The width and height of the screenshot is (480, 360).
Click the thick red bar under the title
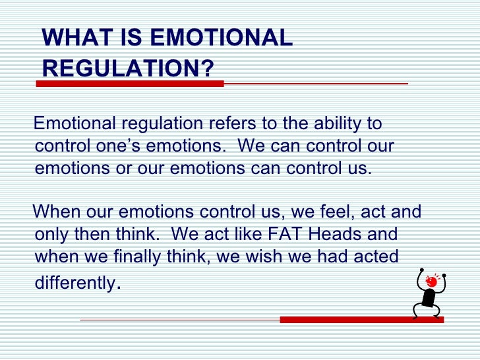(130, 84)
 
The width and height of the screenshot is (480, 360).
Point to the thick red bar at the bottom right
(361, 320)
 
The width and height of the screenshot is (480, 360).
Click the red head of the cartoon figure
(432, 282)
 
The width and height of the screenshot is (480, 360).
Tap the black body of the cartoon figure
(430, 299)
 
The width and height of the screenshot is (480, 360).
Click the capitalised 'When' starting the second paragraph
(57, 213)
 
